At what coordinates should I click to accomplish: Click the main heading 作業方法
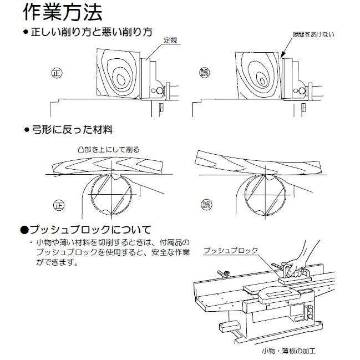[63, 13]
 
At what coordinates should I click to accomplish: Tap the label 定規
[170, 40]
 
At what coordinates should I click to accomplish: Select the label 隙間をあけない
[313, 34]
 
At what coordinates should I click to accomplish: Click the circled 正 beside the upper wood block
[57, 73]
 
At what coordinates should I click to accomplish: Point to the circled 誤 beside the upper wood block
[204, 73]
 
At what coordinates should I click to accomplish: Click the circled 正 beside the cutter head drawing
[59, 205]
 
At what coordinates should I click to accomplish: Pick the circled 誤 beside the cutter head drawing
[206, 204]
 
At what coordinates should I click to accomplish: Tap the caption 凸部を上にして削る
[109, 150]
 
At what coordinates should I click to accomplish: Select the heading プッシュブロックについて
[87, 230]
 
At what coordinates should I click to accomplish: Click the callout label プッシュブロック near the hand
[231, 251]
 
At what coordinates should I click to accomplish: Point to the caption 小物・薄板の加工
[289, 351]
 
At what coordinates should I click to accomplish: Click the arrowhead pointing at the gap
[283, 55]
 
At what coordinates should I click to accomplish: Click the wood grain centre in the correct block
[121, 79]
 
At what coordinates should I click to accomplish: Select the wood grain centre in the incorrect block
[262, 80]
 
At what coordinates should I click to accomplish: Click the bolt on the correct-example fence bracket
[159, 90]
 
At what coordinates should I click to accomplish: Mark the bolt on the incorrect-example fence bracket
[302, 91]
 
